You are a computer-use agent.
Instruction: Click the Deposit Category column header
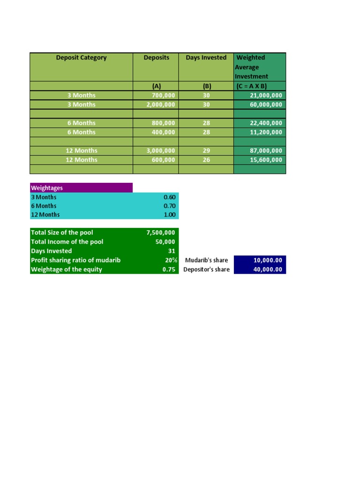(81, 58)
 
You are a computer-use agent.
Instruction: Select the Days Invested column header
(206, 58)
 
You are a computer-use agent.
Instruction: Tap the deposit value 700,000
(161, 95)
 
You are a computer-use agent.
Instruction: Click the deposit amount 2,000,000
(161, 105)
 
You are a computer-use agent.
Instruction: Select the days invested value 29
(206, 150)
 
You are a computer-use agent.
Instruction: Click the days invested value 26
(206, 160)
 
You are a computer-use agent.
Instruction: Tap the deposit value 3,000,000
(161, 150)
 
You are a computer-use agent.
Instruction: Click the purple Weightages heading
(47, 188)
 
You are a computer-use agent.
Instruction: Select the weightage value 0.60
(169, 197)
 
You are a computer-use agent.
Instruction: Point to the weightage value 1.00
(169, 215)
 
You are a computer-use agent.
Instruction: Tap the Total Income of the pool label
(67, 242)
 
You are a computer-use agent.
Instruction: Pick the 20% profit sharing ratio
(171, 260)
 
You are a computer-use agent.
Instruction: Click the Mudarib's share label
(206, 260)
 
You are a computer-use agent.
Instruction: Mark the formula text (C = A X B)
(251, 86)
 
